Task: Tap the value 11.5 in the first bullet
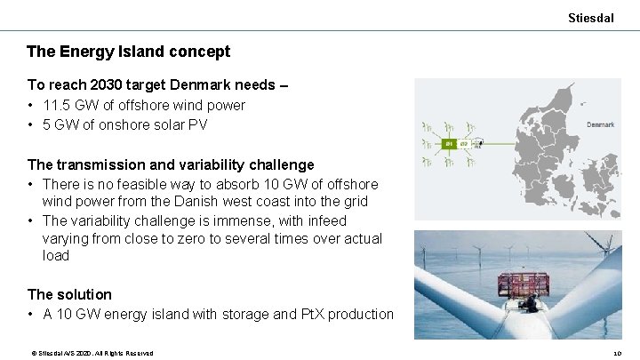point(56,105)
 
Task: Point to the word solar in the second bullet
point(161,124)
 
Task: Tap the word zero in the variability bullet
point(189,238)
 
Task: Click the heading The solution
point(69,294)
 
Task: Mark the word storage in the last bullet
point(249,314)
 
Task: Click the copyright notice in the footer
point(92,353)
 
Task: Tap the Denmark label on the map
point(600,124)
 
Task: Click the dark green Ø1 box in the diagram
point(449,143)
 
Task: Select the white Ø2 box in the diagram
point(463,143)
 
